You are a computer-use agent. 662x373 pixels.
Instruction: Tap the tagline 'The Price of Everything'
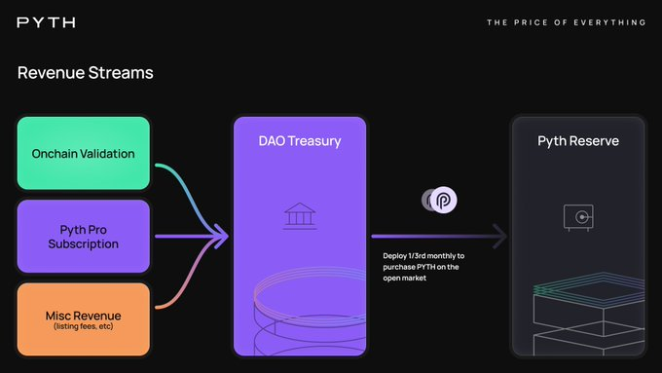click(566, 21)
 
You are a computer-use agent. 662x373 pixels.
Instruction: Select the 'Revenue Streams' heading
click(85, 73)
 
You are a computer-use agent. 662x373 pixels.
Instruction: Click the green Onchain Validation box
click(83, 153)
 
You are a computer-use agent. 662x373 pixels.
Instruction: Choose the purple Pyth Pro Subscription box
click(83, 236)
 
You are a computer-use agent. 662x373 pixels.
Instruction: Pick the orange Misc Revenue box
click(83, 318)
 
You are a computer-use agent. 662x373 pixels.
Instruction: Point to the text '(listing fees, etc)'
click(83, 325)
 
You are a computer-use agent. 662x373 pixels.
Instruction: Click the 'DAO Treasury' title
click(299, 141)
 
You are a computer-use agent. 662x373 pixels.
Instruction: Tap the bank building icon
click(298, 216)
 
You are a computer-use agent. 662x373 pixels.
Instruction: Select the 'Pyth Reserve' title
click(578, 141)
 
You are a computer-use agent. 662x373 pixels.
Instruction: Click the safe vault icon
click(578, 217)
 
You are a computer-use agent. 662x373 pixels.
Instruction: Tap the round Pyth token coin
click(443, 200)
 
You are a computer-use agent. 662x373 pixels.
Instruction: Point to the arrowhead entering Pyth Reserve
click(500, 236)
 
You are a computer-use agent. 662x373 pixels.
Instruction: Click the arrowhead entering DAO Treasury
click(220, 236)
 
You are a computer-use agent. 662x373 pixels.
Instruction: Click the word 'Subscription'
click(83, 243)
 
